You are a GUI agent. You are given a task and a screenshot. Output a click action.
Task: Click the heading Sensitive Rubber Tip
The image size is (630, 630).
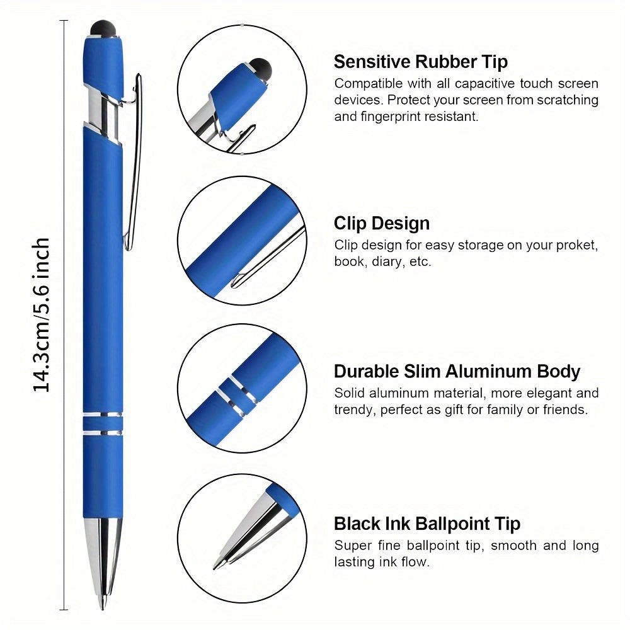point(421,62)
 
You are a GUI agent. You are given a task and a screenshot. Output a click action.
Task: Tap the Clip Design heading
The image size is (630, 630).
point(382,224)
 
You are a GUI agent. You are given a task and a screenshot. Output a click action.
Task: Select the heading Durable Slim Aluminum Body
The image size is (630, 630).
point(457,372)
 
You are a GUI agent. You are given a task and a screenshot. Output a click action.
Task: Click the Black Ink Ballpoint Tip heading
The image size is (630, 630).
point(427,524)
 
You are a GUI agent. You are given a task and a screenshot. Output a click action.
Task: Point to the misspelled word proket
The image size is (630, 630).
point(576,246)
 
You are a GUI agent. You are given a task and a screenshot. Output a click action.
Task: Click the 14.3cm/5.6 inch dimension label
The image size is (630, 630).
point(42,314)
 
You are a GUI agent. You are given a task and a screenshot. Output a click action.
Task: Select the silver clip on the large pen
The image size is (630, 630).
point(132,161)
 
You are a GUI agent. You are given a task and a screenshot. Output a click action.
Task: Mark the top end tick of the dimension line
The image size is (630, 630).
point(64,20)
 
